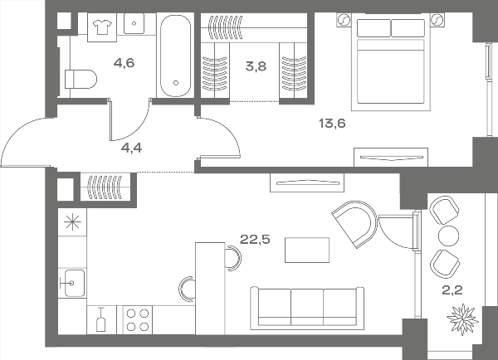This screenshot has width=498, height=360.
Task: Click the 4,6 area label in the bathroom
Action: click(x=124, y=63)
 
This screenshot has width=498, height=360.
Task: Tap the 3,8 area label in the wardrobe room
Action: click(x=256, y=66)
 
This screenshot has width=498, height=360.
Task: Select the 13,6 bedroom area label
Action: click(x=332, y=123)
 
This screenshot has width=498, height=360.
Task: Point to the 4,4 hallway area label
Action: click(x=131, y=148)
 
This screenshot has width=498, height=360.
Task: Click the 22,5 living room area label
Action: click(x=255, y=239)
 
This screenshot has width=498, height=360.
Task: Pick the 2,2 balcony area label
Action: click(x=452, y=289)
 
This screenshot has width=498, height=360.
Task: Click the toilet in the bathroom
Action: click(x=81, y=79)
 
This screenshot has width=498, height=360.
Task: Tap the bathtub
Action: click(x=176, y=56)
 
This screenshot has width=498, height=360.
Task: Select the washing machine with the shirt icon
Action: click(x=102, y=27)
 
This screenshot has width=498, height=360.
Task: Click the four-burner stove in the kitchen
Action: click(x=138, y=320)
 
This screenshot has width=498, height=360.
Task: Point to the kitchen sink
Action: click(x=73, y=283)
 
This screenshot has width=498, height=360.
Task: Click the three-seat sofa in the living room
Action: click(x=307, y=308)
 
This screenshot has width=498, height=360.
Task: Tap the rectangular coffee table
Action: click(x=307, y=251)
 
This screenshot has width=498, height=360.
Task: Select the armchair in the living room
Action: click(x=354, y=223)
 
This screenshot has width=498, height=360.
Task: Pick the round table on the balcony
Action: click(x=448, y=236)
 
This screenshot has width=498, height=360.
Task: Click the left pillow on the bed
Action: click(x=373, y=28)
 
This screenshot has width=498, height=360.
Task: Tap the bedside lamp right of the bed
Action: click(x=437, y=20)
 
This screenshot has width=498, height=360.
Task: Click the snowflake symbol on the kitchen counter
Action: click(x=72, y=221)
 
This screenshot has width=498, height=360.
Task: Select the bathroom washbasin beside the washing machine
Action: click(x=134, y=23)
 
